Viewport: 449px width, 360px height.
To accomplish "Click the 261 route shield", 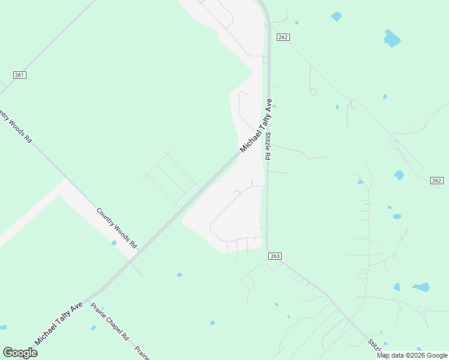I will [x=20, y=74].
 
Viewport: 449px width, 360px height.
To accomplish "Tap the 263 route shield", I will [x=274, y=256].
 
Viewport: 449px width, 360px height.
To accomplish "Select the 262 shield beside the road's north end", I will [x=283, y=37].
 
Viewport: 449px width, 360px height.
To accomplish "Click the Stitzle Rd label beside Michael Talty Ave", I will [x=268, y=145].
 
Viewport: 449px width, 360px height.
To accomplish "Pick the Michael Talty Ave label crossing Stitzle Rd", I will [x=256, y=125].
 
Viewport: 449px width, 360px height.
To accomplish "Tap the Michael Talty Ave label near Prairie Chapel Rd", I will [x=58, y=324].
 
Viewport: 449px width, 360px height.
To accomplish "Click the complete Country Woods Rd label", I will [x=117, y=229].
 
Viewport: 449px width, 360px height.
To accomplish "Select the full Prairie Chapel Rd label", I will [x=110, y=322].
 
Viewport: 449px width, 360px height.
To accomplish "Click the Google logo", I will [x=20, y=353].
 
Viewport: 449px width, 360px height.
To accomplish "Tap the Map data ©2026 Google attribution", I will [x=412, y=355].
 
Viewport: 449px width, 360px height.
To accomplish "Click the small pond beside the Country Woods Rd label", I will [x=113, y=243].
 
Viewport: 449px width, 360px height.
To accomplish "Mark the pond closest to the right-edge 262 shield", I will [x=399, y=175].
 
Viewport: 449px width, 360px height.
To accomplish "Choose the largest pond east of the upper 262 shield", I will [x=392, y=38].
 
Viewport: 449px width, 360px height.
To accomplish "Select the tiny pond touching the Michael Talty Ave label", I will [x=274, y=107].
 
